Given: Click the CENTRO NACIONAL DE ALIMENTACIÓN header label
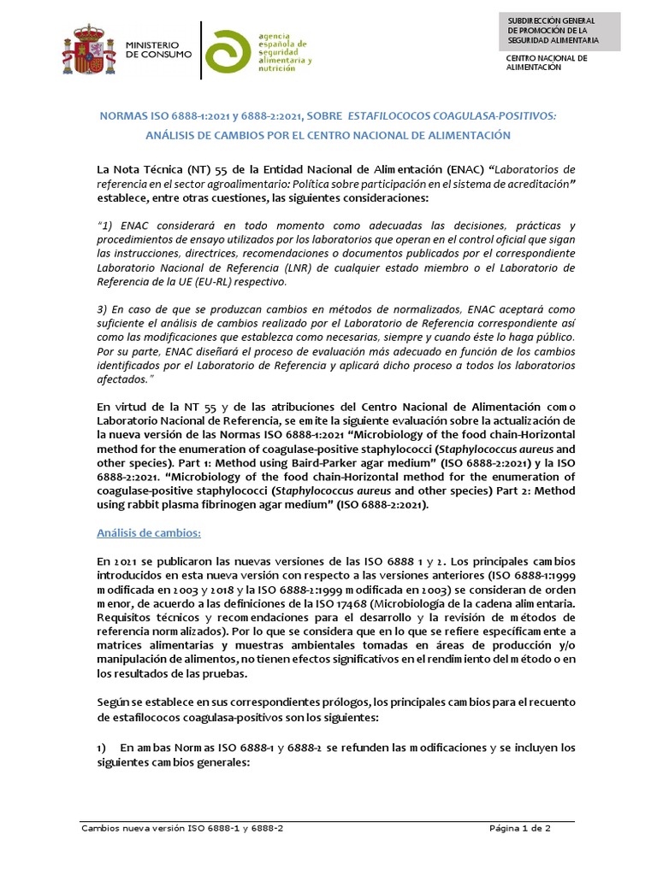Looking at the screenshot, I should click(547, 62).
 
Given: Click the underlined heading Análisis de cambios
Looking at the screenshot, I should click(149, 533).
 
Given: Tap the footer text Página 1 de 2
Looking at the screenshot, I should click(520, 828).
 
